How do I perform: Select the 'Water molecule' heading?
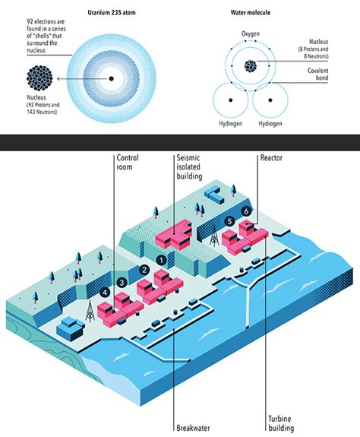coord(251,13)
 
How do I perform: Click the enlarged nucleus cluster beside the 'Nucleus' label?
coord(40,78)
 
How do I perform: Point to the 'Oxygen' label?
coord(251,35)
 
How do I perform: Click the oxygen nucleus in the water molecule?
coord(250,66)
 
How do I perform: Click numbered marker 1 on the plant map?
coord(160,259)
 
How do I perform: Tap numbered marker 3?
coord(122,283)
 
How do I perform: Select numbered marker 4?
coord(105,292)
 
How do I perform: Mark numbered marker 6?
coord(245,209)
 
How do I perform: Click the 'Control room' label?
coord(128,163)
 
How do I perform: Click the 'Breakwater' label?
coord(187,427)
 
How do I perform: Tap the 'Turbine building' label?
coord(281,423)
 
